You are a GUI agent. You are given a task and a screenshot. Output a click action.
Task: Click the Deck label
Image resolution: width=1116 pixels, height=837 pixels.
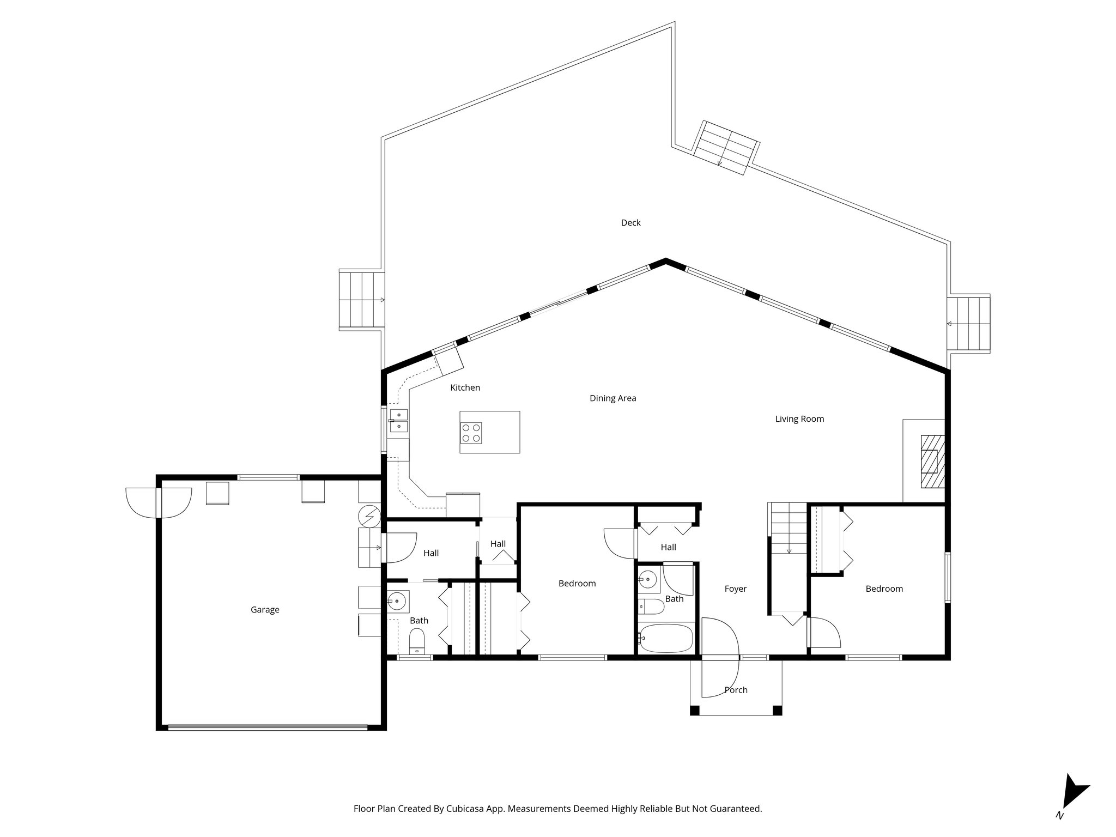pyautogui.click(x=630, y=223)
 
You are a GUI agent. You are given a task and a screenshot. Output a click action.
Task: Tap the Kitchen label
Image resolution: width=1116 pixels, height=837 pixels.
pyautogui.click(x=465, y=388)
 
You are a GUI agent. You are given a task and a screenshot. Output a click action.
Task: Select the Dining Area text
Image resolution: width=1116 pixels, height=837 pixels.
pyautogui.click(x=612, y=398)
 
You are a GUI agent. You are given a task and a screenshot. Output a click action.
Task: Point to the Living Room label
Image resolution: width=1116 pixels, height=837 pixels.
pyautogui.click(x=799, y=419)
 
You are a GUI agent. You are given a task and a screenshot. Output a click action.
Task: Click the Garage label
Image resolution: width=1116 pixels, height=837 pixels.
pyautogui.click(x=265, y=610)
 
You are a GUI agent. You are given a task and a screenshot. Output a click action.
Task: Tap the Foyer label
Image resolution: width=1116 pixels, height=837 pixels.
pyautogui.click(x=735, y=589)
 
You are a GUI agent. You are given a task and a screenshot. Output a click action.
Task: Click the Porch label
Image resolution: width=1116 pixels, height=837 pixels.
pyautogui.click(x=736, y=690)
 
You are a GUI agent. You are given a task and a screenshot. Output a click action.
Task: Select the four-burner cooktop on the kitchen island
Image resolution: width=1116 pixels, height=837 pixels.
pyautogui.click(x=471, y=433)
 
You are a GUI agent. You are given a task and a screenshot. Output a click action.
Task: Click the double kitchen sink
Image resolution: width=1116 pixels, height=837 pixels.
pyautogui.click(x=398, y=420)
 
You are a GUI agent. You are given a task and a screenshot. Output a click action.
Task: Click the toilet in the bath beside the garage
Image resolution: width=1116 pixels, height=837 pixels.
pyautogui.click(x=417, y=641)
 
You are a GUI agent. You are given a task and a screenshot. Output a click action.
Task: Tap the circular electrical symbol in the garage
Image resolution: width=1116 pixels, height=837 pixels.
pyautogui.click(x=369, y=515)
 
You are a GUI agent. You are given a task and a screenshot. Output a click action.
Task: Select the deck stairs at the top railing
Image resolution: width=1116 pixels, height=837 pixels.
pyautogui.click(x=726, y=148)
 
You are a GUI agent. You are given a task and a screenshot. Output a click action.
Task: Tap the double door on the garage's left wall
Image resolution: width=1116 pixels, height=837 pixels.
pyautogui.click(x=159, y=502)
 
